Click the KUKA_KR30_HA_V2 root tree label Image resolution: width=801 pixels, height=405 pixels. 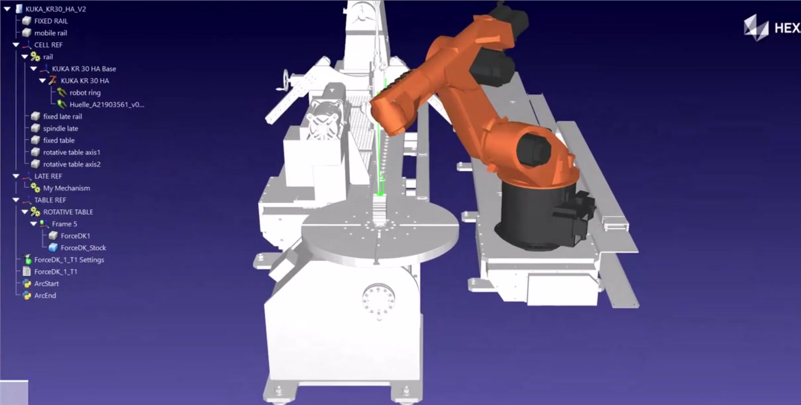click(x=56, y=9)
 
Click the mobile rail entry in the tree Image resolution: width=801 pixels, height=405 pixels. click(x=50, y=33)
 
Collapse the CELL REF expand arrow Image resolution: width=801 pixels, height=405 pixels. click(x=16, y=45)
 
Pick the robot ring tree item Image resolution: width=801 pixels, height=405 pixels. click(x=85, y=93)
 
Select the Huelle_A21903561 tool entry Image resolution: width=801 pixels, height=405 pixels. click(x=107, y=105)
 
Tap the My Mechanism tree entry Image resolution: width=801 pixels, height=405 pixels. click(x=67, y=188)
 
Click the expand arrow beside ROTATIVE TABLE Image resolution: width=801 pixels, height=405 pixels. click(x=25, y=212)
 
